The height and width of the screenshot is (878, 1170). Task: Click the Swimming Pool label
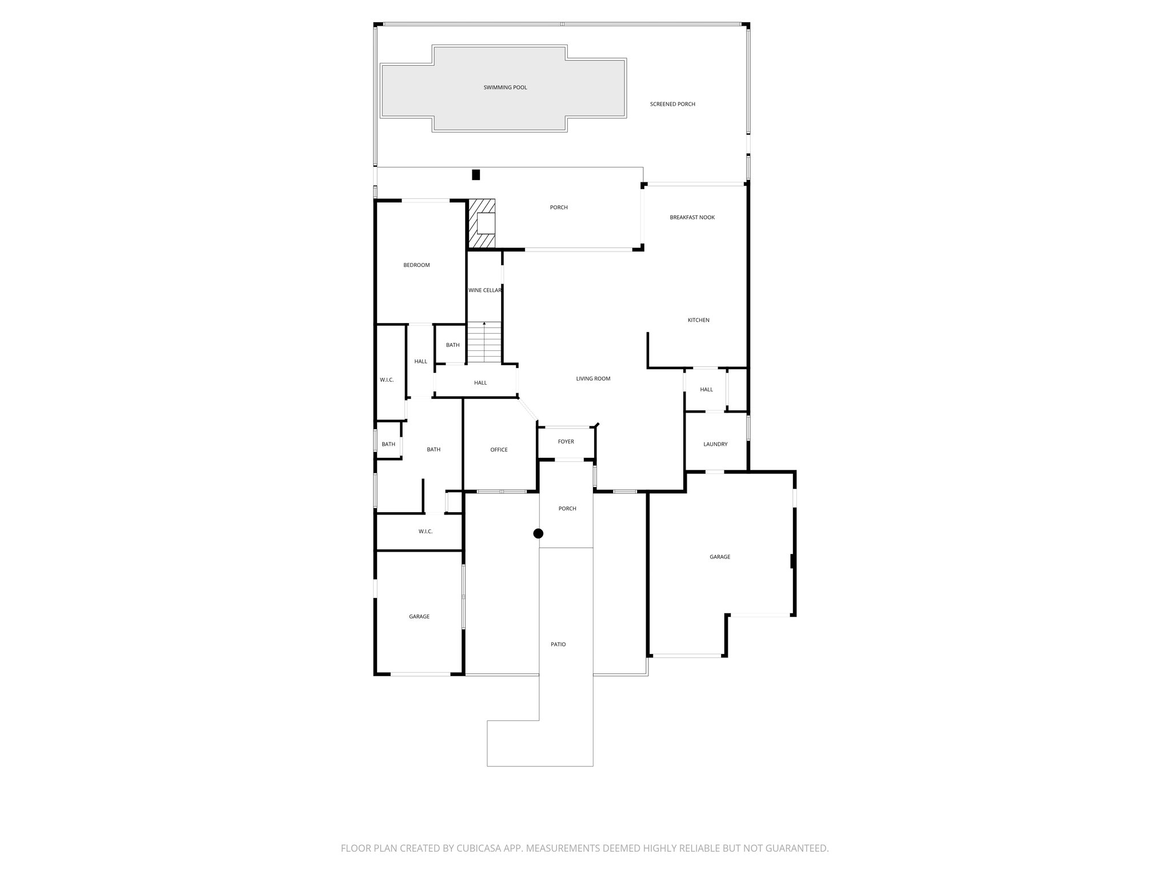click(505, 87)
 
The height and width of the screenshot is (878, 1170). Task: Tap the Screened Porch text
click(672, 104)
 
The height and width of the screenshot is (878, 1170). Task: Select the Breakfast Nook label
click(692, 217)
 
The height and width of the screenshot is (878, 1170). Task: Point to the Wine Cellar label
click(484, 290)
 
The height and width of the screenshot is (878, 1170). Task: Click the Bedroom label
click(416, 265)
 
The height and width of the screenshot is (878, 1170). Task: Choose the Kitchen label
click(698, 320)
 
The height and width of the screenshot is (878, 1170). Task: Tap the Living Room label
click(593, 378)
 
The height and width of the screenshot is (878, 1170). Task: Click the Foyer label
click(566, 441)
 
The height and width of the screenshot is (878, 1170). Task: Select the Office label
click(499, 450)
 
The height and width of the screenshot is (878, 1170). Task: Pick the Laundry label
click(715, 444)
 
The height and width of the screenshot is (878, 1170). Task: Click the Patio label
click(558, 644)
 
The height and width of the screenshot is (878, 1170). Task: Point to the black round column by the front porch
click(538, 533)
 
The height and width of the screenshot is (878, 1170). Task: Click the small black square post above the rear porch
click(476, 175)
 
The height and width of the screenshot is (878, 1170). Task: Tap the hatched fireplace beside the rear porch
click(481, 224)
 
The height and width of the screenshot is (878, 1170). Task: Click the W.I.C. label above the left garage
click(425, 532)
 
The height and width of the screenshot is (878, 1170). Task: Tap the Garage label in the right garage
click(720, 557)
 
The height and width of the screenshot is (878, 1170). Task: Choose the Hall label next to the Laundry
click(706, 389)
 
